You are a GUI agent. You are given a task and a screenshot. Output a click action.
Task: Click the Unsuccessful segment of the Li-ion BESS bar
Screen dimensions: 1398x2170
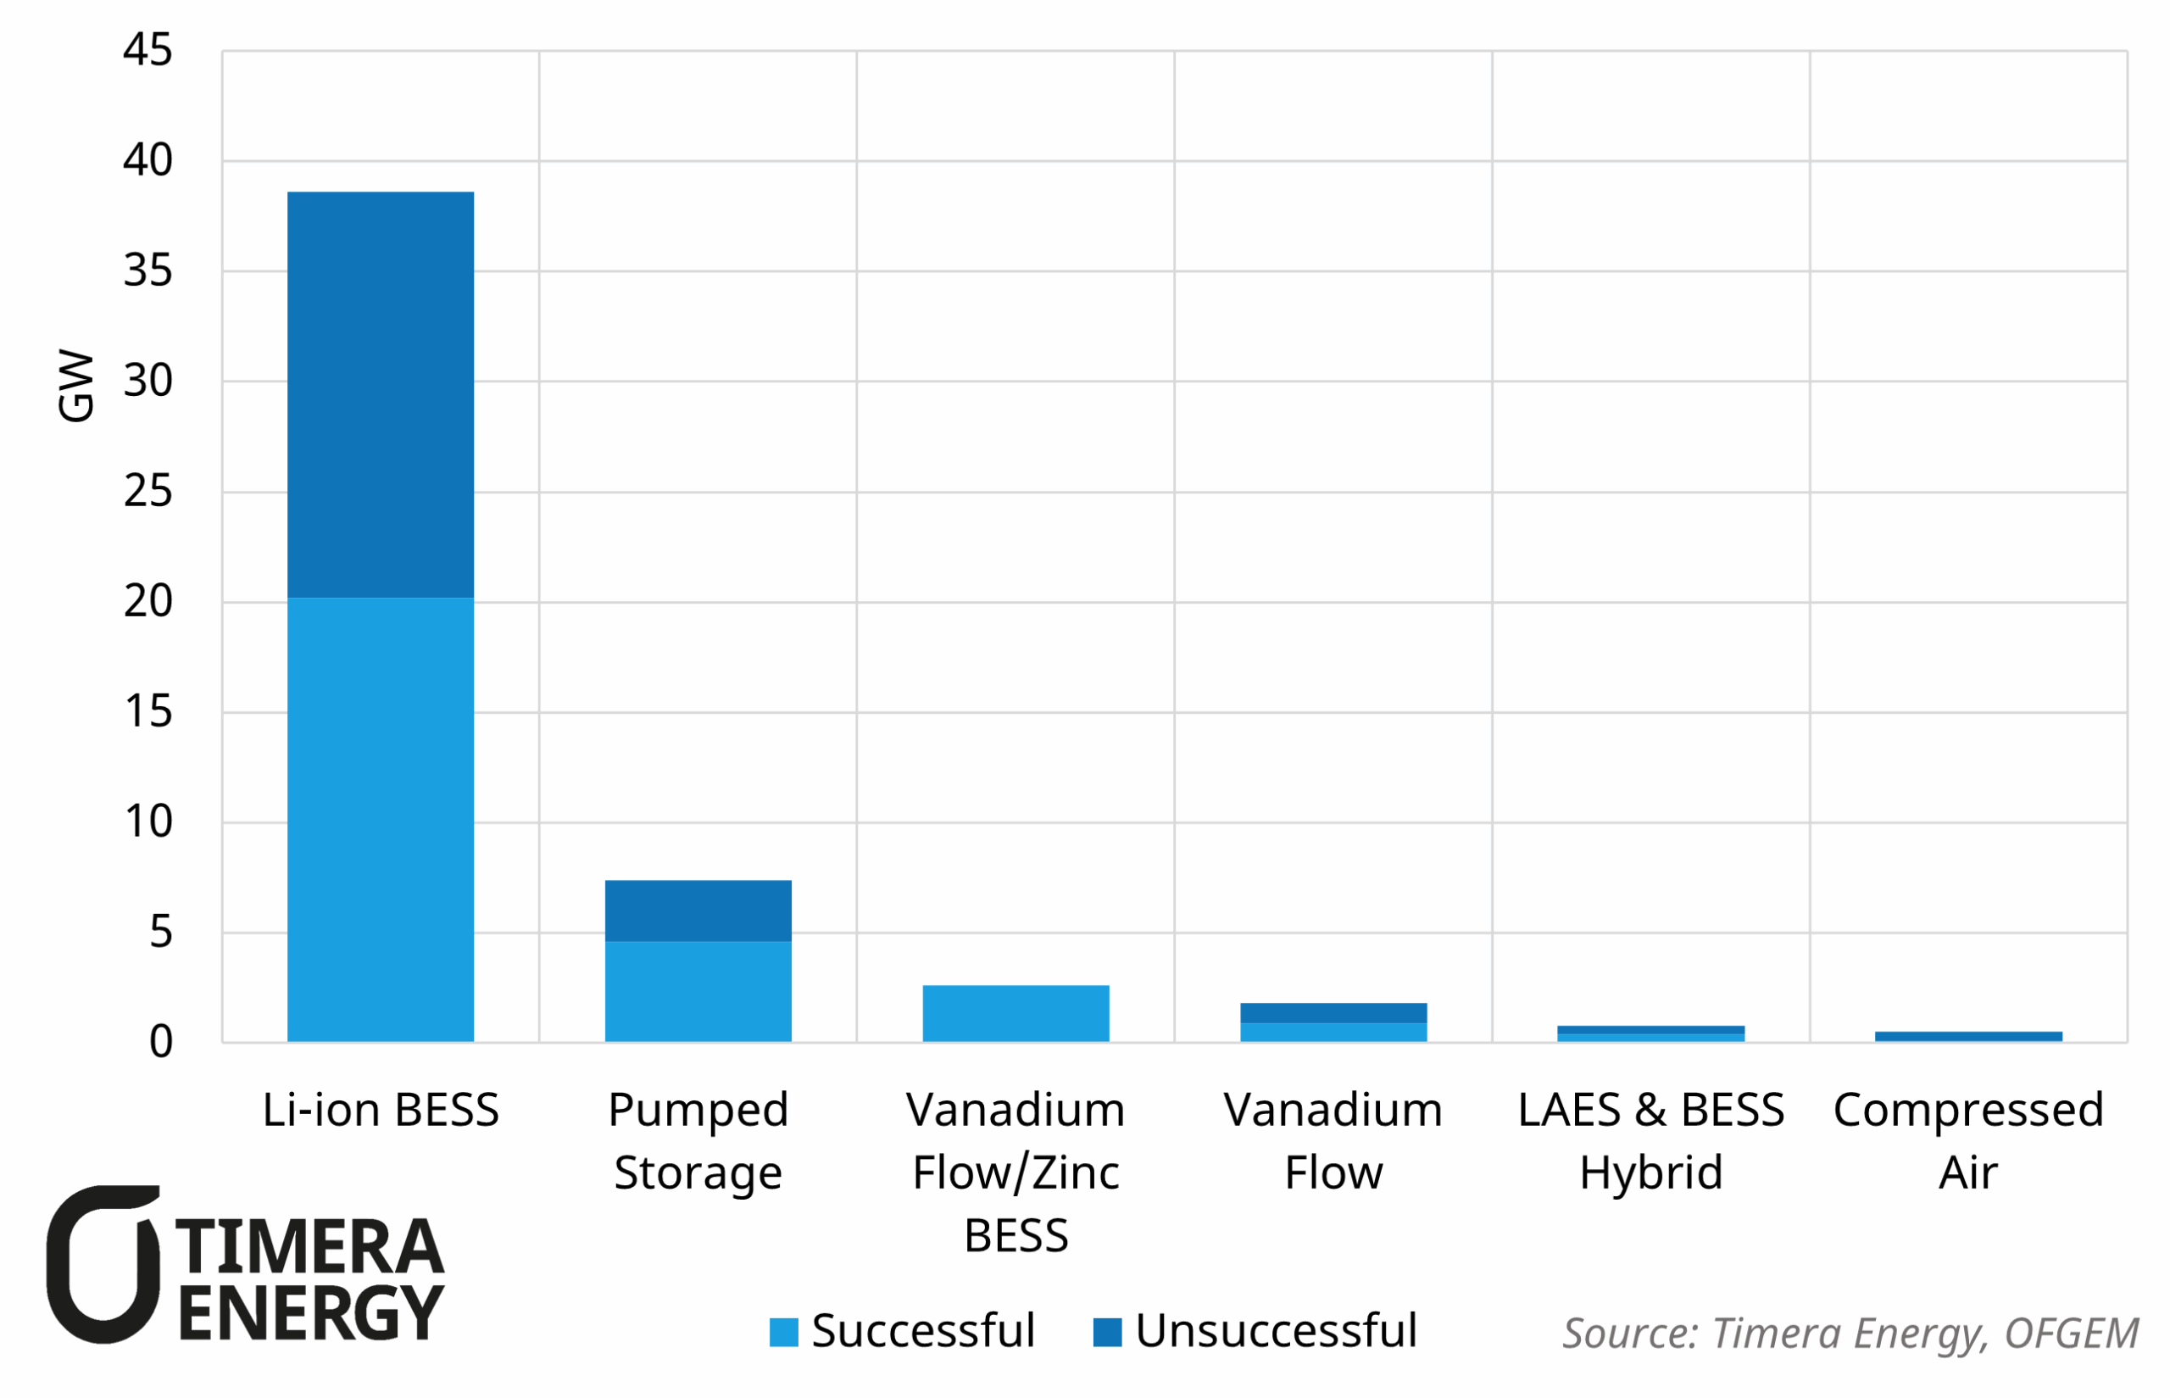tap(380, 394)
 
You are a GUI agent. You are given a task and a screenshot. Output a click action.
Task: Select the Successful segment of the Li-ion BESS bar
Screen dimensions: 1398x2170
tap(380, 819)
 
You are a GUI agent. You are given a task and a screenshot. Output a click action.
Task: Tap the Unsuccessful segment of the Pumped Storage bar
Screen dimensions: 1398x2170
tap(697, 911)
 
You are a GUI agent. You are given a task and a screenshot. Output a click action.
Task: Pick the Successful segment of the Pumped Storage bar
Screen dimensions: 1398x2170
tap(697, 990)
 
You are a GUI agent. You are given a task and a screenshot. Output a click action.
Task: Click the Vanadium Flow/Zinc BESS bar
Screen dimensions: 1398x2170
tap(1015, 1013)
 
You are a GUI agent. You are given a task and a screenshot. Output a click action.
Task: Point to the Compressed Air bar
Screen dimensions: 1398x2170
tap(1967, 1036)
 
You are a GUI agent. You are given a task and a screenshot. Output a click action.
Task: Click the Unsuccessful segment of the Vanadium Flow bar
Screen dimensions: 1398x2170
tap(1333, 1012)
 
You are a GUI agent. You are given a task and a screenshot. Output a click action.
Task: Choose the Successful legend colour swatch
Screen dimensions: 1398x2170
tap(782, 1332)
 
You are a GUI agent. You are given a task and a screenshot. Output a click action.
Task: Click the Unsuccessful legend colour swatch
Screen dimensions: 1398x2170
tap(1106, 1332)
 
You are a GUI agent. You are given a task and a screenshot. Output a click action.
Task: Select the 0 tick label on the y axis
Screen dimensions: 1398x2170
tap(161, 1042)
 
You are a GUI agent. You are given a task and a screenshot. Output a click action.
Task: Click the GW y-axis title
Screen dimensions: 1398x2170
tap(75, 385)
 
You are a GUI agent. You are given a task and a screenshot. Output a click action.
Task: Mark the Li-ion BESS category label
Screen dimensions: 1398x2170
tap(381, 1109)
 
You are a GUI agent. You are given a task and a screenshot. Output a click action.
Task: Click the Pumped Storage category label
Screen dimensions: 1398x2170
tap(697, 1140)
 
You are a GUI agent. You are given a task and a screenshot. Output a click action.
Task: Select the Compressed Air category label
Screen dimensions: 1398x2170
tap(1967, 1140)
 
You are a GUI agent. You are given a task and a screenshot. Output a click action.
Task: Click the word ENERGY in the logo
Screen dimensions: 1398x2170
tap(310, 1312)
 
